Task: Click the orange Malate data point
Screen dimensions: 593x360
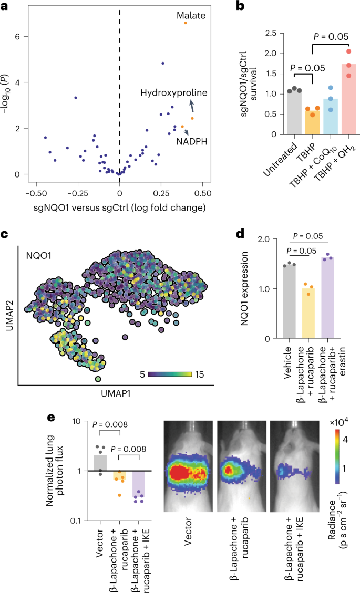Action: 186,23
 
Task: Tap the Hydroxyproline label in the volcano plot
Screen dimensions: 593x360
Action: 174,93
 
